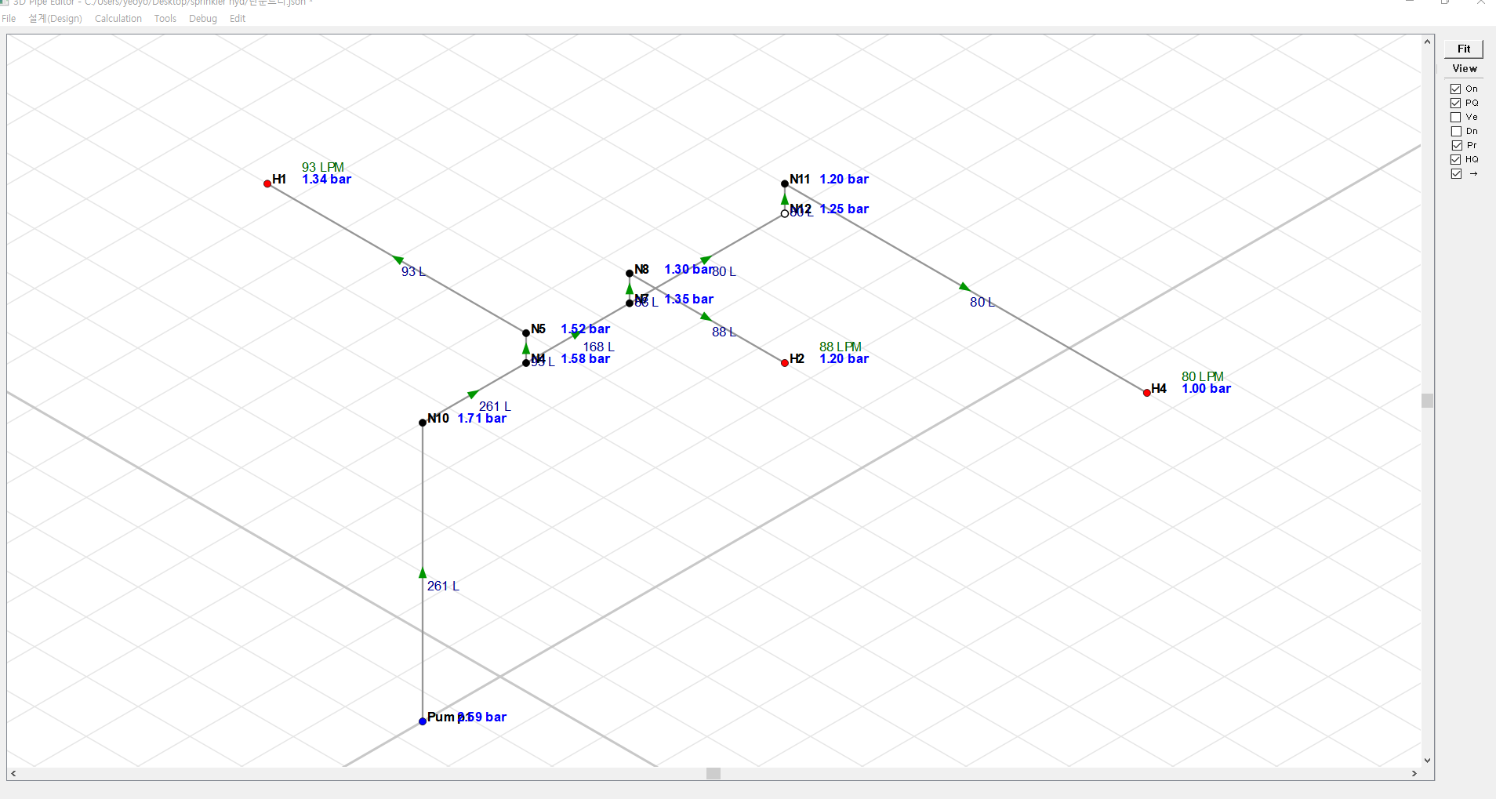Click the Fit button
pos(1463,49)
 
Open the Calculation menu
pos(118,19)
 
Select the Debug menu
pos(202,19)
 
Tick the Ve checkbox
pos(1456,117)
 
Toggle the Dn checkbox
pos(1456,131)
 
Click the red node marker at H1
pos(267,183)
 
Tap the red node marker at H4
pos(1147,393)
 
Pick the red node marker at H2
pos(785,363)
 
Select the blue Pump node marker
pos(423,721)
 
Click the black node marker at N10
pos(423,423)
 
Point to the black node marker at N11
pos(785,183)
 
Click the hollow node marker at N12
pos(785,213)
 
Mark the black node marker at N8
pos(630,274)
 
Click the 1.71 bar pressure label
pos(481,419)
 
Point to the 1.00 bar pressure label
pos(1206,389)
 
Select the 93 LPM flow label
pos(323,167)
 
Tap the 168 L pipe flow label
pos(598,347)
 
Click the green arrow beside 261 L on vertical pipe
pos(423,573)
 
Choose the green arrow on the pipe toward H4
pos(964,287)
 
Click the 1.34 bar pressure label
pos(326,180)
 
